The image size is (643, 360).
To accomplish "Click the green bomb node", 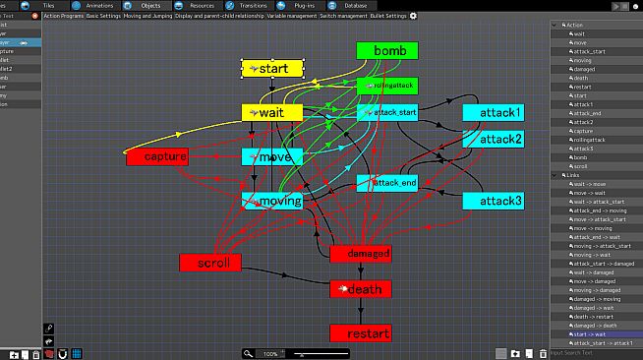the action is pyautogui.click(x=386, y=50).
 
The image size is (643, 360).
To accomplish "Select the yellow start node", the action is pyautogui.click(x=272, y=69).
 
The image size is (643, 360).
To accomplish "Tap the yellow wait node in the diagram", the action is pyautogui.click(x=272, y=113).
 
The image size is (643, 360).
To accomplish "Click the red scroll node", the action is pyautogui.click(x=209, y=262).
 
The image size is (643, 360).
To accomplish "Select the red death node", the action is pyautogui.click(x=361, y=288).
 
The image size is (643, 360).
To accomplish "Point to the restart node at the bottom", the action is pyautogui.click(x=360, y=333).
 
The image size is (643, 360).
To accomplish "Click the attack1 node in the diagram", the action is pyautogui.click(x=494, y=113).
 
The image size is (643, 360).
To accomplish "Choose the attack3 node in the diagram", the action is pyautogui.click(x=494, y=201).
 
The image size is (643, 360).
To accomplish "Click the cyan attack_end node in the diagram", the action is pyautogui.click(x=386, y=183).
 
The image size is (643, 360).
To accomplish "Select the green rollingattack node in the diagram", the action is pyautogui.click(x=386, y=86).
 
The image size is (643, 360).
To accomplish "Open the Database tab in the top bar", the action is pyautogui.click(x=356, y=5).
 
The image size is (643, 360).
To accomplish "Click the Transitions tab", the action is pyautogui.click(x=252, y=5).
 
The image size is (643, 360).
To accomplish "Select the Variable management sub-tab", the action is pyautogui.click(x=291, y=16).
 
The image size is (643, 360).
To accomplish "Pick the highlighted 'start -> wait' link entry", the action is pyautogui.click(x=588, y=334).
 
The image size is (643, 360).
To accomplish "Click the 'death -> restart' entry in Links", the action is pyautogui.click(x=590, y=317).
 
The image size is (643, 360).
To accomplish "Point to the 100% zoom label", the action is pyautogui.click(x=270, y=353).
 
